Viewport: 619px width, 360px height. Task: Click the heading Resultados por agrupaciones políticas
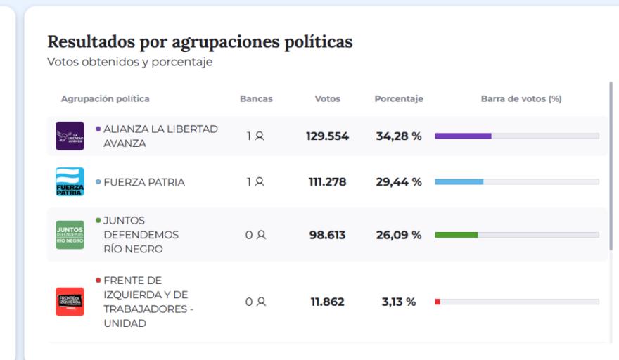pyautogui.click(x=200, y=42)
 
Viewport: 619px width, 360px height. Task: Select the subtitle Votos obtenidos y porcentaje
pyautogui.click(x=129, y=62)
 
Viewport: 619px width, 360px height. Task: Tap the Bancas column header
pyautogui.click(x=256, y=99)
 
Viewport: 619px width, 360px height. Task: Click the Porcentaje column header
pyautogui.click(x=399, y=99)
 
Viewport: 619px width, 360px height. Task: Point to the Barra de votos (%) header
pyautogui.click(x=521, y=99)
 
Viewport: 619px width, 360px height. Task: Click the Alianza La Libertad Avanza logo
pyautogui.click(x=70, y=136)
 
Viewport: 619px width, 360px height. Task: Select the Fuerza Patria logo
pyautogui.click(x=70, y=182)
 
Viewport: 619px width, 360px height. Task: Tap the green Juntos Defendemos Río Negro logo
pyautogui.click(x=70, y=235)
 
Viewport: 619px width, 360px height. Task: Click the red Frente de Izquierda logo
pyautogui.click(x=70, y=302)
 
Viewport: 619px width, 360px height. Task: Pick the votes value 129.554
pyautogui.click(x=327, y=136)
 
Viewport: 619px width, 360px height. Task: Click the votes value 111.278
pyautogui.click(x=327, y=182)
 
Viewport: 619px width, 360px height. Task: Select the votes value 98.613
pyautogui.click(x=327, y=235)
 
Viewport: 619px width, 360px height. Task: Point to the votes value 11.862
pyautogui.click(x=327, y=302)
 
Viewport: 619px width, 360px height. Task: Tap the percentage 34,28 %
pyautogui.click(x=398, y=136)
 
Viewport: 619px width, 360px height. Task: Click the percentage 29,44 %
pyautogui.click(x=398, y=182)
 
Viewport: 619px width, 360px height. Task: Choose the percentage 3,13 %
pyautogui.click(x=398, y=302)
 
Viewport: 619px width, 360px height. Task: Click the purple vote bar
pyautogui.click(x=463, y=136)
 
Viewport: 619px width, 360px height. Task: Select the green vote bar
pyautogui.click(x=457, y=235)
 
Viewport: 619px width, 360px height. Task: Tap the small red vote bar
pyautogui.click(x=438, y=302)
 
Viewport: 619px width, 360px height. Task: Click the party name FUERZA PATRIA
pyautogui.click(x=144, y=182)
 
